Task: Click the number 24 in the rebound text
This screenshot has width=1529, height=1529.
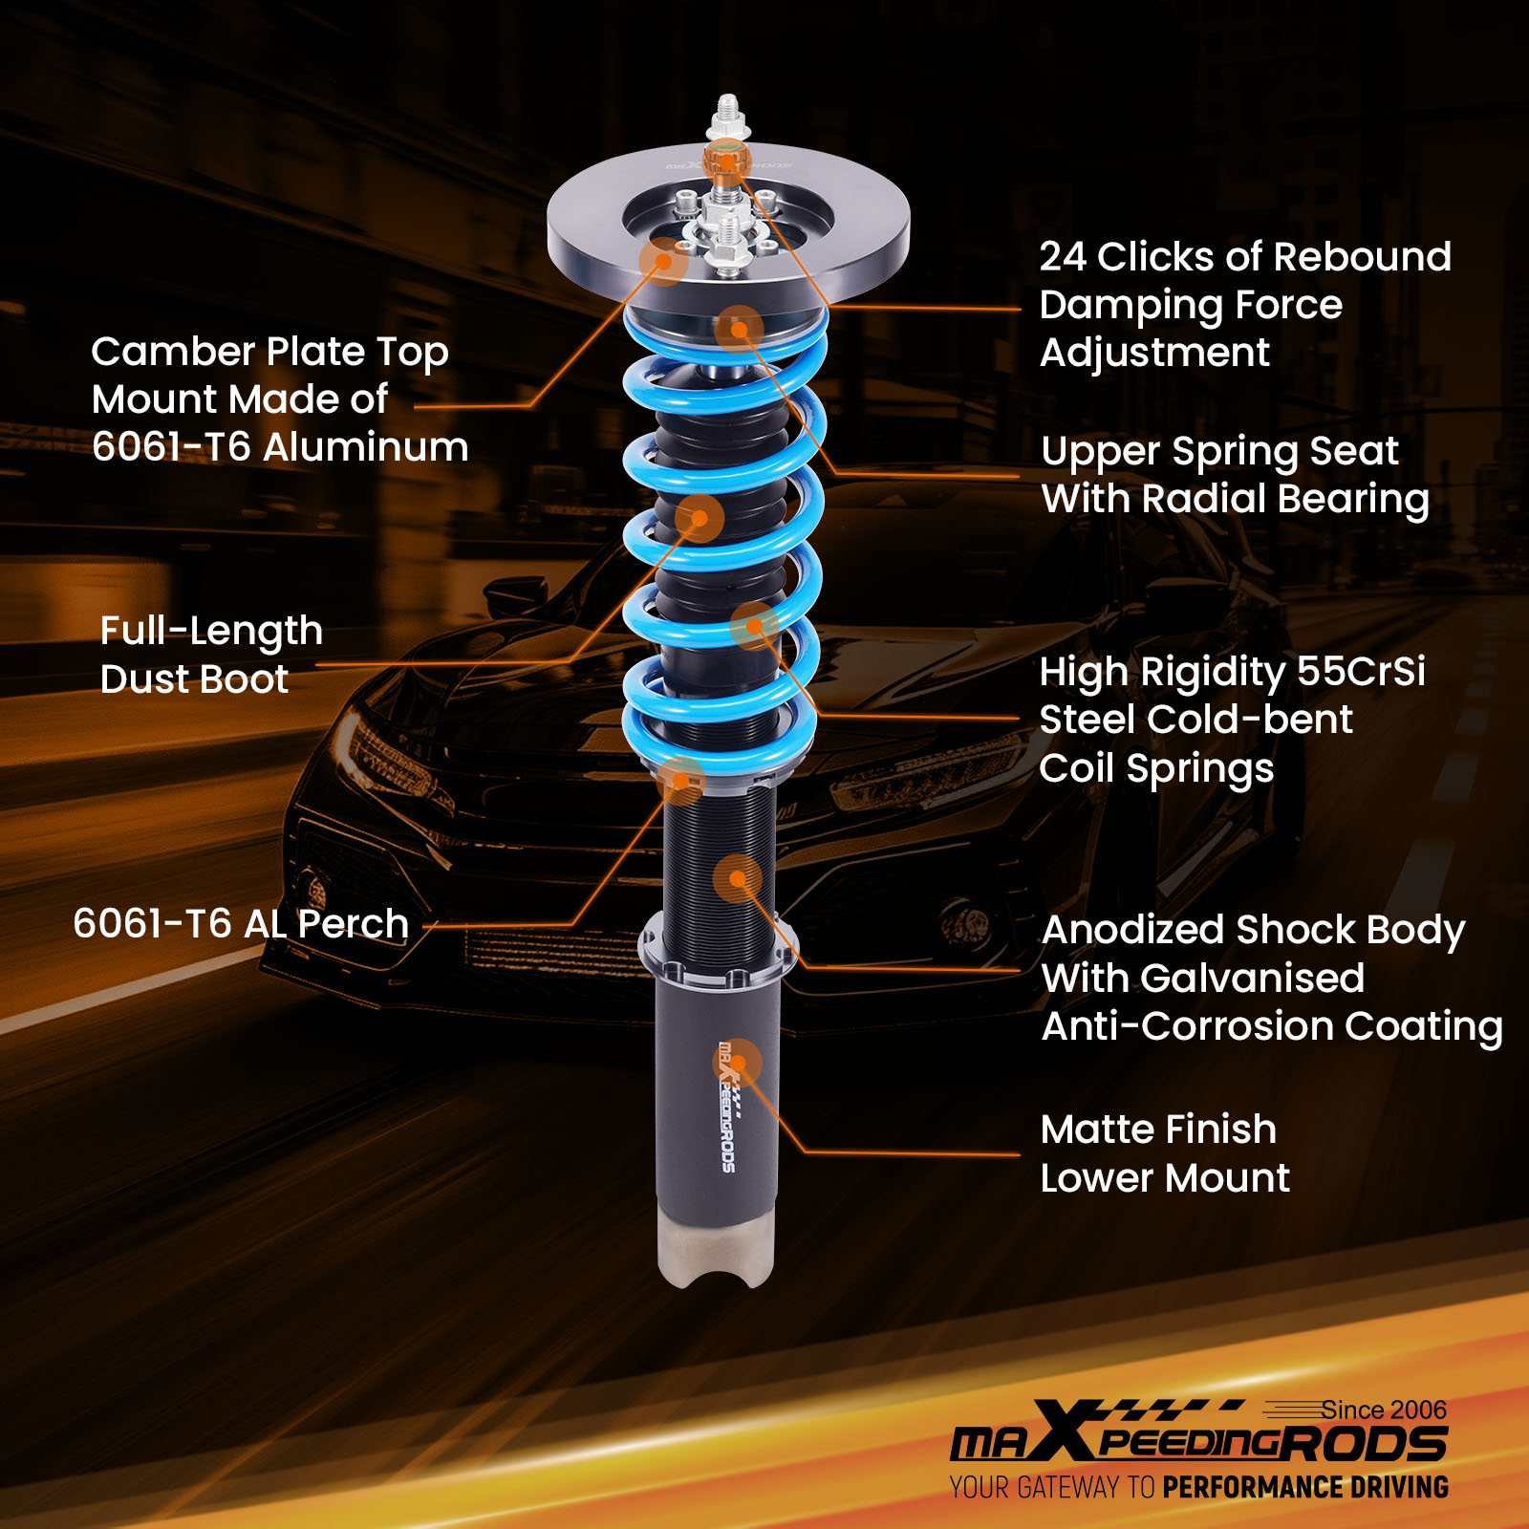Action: coord(1063,257)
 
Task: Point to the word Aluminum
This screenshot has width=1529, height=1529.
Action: coord(365,447)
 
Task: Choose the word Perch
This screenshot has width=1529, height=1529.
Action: coord(353,924)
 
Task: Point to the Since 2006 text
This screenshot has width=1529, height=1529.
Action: coord(1383,1411)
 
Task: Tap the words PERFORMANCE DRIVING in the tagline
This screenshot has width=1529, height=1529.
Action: coord(1304,1488)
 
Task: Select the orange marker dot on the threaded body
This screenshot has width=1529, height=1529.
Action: coord(737,878)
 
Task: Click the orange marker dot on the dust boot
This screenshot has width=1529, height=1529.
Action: coord(700,519)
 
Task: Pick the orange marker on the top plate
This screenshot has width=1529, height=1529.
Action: coord(662,260)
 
